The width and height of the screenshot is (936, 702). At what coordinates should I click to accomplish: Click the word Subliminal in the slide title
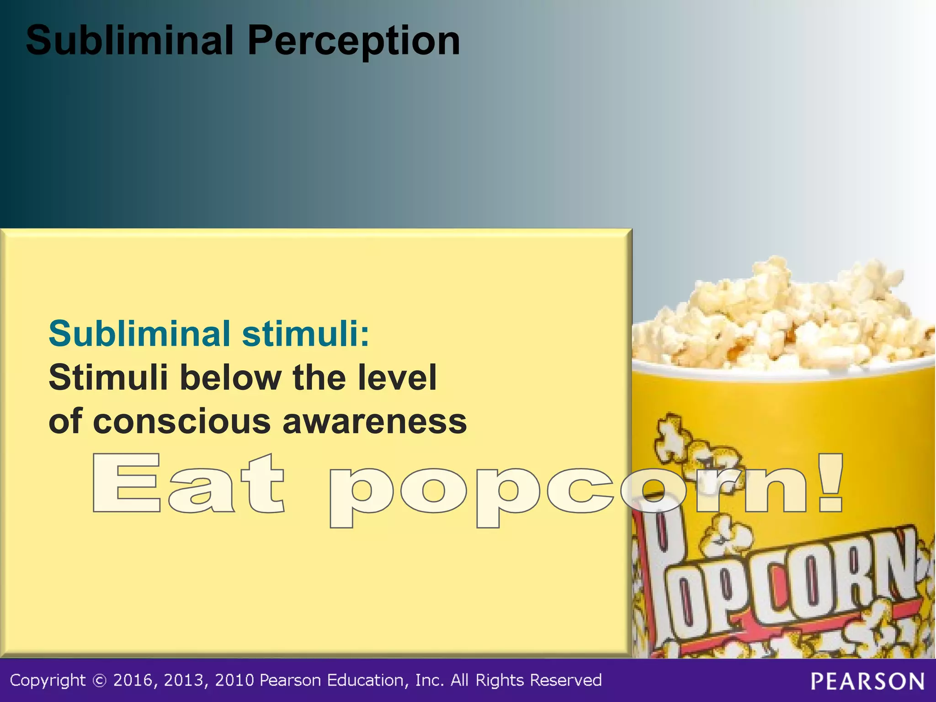129,41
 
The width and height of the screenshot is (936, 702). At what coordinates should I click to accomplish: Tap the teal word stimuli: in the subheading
305,334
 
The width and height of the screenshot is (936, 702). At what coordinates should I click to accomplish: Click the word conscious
182,421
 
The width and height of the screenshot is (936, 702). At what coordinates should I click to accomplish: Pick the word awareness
375,421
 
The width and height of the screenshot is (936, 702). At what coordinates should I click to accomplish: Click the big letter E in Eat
127,483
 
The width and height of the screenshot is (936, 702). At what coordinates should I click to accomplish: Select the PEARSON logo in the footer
867,681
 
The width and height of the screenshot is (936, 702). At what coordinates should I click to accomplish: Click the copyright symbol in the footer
99,681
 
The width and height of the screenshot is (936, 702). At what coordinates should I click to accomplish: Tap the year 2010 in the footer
234,681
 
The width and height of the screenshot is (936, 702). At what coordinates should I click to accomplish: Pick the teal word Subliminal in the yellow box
139,334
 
